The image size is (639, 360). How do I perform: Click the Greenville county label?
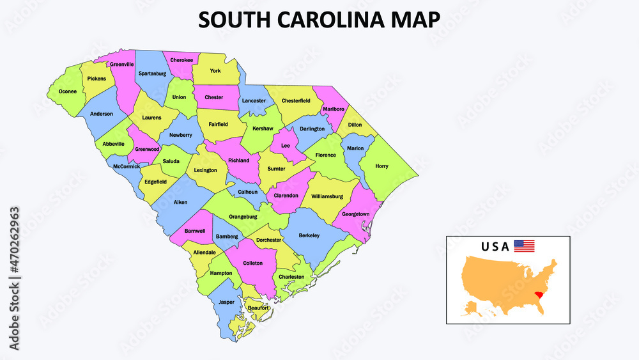point(121,65)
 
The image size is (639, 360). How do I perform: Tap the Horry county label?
point(381,166)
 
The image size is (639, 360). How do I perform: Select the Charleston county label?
point(291,277)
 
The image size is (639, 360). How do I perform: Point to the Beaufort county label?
point(258,308)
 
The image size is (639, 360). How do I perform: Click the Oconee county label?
point(68,91)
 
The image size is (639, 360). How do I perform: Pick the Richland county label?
point(238,160)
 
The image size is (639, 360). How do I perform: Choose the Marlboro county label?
point(334,109)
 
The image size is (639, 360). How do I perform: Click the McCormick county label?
point(127,167)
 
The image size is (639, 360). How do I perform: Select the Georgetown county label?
point(355,214)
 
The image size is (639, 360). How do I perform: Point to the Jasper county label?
point(226,301)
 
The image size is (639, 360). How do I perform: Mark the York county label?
point(215,71)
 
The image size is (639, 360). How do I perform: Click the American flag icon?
point(524,246)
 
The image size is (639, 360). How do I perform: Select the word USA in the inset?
point(495,246)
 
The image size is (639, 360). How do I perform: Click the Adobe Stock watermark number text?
point(14,254)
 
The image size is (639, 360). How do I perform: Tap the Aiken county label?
point(181,202)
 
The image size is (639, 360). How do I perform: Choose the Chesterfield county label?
point(296,100)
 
